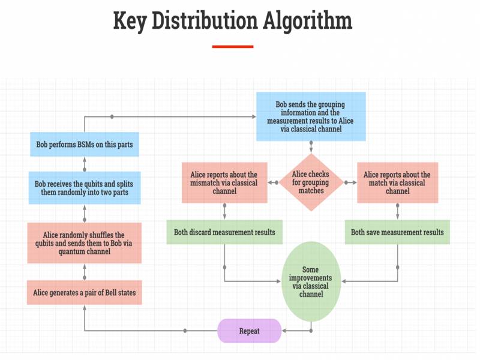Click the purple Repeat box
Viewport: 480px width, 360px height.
pos(249,331)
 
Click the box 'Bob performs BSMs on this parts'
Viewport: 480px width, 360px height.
pos(85,144)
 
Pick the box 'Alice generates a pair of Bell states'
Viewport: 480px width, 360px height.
pos(85,292)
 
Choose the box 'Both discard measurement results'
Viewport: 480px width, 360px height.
pos(224,232)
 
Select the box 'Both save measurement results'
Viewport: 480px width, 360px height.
pos(397,232)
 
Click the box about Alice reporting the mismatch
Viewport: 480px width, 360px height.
pos(224,182)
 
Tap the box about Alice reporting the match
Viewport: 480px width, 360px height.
pos(397,182)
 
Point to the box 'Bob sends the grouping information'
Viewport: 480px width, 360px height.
pos(311,116)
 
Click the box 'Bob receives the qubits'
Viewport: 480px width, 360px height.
pos(85,188)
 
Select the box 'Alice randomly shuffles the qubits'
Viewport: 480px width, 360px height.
pos(85,243)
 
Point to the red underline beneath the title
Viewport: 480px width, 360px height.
pos(233,46)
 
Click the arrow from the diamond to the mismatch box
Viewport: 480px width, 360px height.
pos(273,182)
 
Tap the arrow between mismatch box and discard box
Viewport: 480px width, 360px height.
pos(224,212)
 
